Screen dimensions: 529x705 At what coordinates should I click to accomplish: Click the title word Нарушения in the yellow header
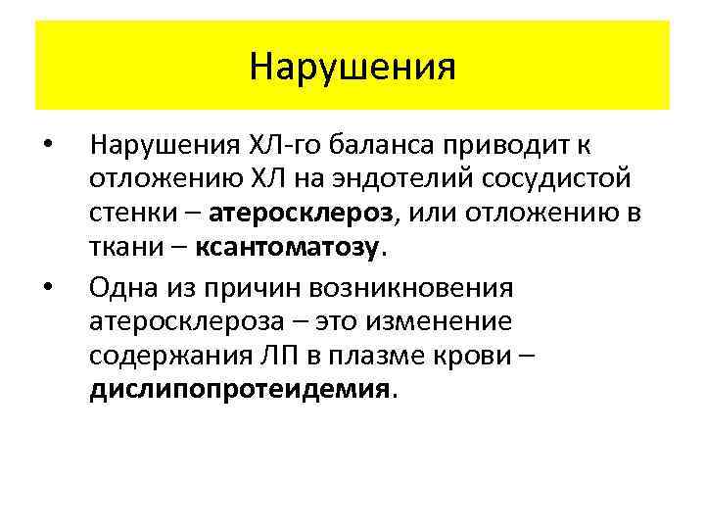(x=352, y=67)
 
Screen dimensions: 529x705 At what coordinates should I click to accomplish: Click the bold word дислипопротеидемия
(x=239, y=390)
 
